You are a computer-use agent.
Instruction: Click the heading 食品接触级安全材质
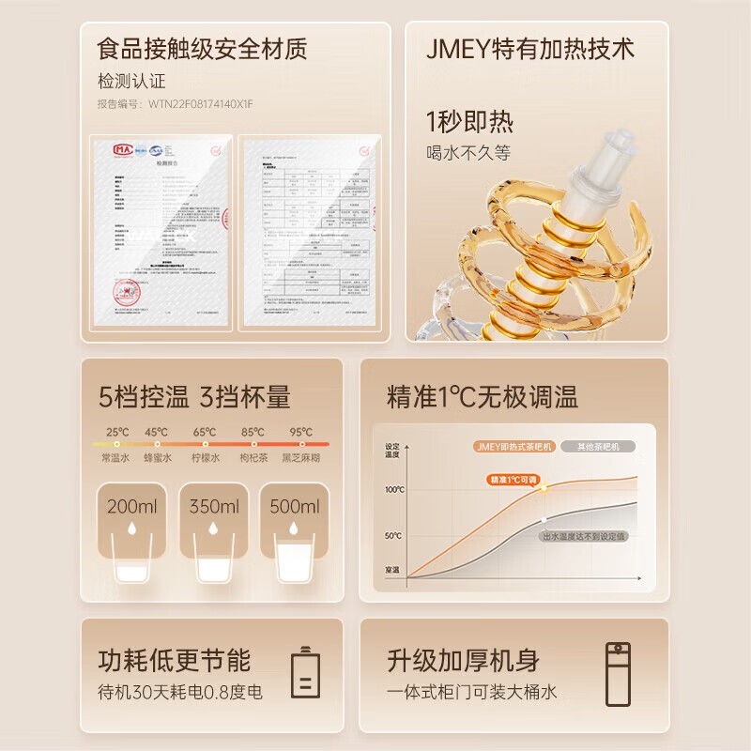tap(202, 48)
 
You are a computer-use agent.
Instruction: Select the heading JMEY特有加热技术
tap(531, 48)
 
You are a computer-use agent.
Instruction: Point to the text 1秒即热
tap(469, 123)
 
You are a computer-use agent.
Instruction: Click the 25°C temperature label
tap(116, 433)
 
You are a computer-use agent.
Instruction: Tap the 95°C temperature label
tap(301, 433)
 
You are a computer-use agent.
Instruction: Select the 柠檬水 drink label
tap(206, 460)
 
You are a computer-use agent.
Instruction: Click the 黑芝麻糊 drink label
tap(300, 460)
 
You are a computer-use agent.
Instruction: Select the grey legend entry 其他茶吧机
tap(597, 447)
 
